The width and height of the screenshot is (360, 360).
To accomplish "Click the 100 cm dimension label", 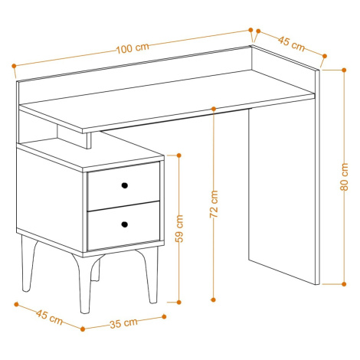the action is pos(133,48).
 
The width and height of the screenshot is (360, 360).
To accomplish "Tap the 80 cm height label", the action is pos(344,177).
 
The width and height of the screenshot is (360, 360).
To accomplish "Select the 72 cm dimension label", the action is pos(214,204).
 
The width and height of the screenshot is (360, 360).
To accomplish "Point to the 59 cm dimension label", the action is pos(179,229).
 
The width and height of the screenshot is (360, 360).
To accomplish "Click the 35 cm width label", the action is pos(124,323).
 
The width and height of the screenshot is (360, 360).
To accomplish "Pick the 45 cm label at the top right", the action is pos(291,44).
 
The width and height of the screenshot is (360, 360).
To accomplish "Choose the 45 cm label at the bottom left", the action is pos(49,317).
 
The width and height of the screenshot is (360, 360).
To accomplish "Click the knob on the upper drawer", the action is pos(124,185).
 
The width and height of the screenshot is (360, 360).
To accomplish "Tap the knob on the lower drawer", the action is pos(124,224).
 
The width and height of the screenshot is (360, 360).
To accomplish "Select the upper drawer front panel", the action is pos(123,186).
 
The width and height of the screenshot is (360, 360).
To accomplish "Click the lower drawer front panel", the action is pos(123,225).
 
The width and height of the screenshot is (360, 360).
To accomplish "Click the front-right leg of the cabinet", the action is pos(151,276).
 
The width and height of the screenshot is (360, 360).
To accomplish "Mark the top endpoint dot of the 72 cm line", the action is pos(214,109).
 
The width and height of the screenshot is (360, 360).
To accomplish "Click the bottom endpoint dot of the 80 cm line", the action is pos(344,284).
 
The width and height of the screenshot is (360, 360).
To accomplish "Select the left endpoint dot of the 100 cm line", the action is pos(14,66).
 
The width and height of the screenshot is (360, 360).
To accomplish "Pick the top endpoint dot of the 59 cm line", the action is pos(179,155).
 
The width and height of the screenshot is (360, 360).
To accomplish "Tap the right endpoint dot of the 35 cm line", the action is pos(164,317).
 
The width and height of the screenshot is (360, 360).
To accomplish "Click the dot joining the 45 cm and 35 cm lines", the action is pos(83,329).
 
